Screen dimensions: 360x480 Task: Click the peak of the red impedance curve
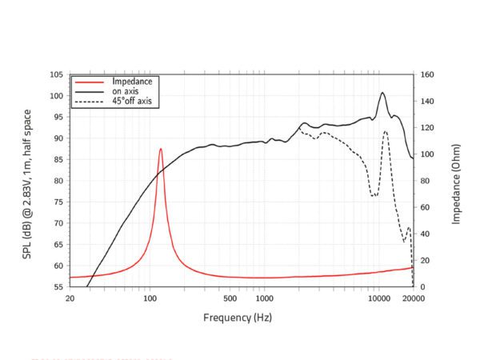(161, 149)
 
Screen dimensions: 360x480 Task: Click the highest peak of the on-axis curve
(382, 93)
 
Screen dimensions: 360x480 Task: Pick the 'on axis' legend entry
(126, 91)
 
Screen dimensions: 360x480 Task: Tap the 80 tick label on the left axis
(58, 181)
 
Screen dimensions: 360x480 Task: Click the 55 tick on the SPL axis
(58, 286)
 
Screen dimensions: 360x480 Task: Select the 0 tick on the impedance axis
(422, 286)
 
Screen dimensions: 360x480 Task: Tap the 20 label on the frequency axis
(70, 298)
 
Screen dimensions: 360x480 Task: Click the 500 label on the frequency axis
(230, 298)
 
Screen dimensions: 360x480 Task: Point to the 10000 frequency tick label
(378, 298)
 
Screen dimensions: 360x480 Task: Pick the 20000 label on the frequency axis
(413, 298)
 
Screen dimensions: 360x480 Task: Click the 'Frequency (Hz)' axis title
(238, 318)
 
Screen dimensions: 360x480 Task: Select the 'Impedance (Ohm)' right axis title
(456, 180)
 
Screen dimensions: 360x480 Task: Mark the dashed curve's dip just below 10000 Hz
(373, 194)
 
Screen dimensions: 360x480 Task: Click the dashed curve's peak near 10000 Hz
(386, 132)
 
